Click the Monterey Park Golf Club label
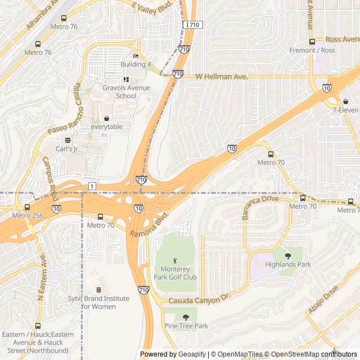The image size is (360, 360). coord(175,273)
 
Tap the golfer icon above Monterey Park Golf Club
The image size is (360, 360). coord(175,260)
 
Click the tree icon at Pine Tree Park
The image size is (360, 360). coord(186,317)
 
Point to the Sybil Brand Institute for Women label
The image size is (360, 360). coord(99,303)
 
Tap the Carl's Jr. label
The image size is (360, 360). coord(67,149)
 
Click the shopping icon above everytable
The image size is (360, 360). coord(106,118)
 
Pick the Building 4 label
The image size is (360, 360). coord(136,65)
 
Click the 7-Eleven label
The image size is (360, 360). coord(345,110)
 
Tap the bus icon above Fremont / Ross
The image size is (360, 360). coord(312,42)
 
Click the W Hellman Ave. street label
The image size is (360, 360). coord(221,76)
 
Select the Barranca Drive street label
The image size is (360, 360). coord(260,206)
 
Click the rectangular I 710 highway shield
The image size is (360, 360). coord(192,25)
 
